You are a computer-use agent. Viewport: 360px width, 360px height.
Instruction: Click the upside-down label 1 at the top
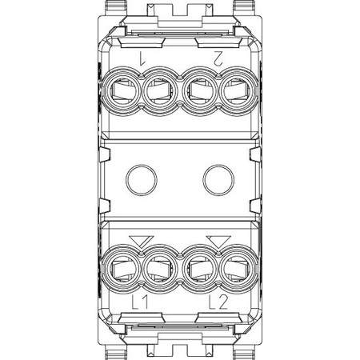pyautogui.click(x=142, y=58)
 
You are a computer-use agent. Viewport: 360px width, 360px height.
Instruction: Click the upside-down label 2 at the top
pyautogui.click(x=218, y=58)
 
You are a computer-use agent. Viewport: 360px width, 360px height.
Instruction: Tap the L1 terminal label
pyautogui.click(x=140, y=302)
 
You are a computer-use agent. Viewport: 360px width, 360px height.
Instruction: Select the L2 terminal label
pyautogui.click(x=218, y=302)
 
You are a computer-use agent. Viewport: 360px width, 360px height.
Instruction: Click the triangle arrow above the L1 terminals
pyautogui.click(x=142, y=242)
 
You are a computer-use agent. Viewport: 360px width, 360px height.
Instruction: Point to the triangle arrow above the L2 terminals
pyautogui.click(x=218, y=242)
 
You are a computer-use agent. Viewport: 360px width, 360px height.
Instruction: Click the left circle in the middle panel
pyautogui.click(x=142, y=180)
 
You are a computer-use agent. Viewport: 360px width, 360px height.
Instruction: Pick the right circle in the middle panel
pyautogui.click(x=218, y=180)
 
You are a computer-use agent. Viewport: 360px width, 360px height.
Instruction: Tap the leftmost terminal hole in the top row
pyautogui.click(x=122, y=91)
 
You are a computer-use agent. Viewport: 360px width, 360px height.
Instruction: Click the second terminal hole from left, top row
pyautogui.click(x=160, y=91)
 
